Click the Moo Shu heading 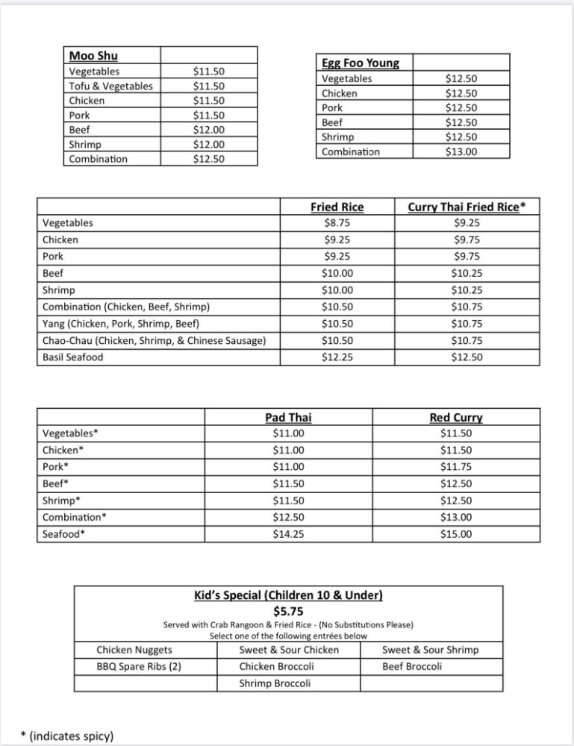93,56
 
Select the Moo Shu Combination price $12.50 208,159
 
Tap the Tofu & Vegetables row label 110,86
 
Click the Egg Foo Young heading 360,63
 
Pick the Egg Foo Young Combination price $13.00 461,151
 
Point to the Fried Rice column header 337,207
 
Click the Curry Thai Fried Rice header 467,207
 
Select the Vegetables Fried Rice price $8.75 337,222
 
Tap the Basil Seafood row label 73,357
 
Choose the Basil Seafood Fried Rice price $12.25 337,357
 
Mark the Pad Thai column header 288,418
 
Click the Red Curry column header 455,418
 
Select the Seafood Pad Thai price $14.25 288,533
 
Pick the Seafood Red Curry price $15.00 455,533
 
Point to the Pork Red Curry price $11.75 455,466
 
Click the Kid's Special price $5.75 288,611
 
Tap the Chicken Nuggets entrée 134,650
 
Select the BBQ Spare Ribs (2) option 139,666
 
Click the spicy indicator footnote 67,736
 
